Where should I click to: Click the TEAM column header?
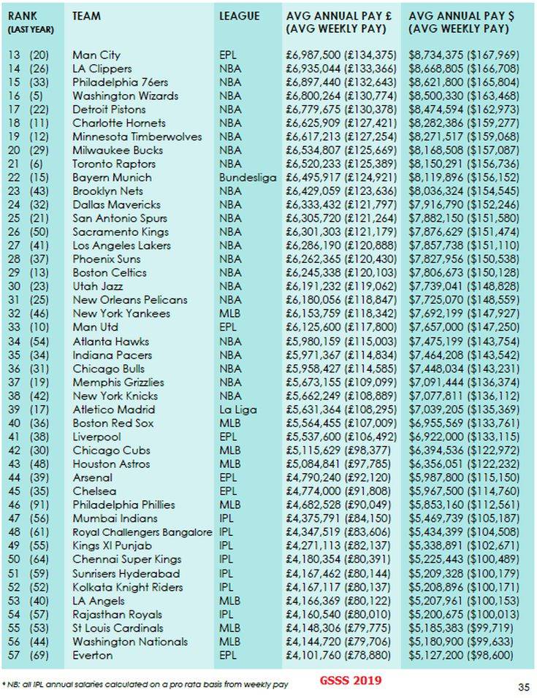(x=87, y=16)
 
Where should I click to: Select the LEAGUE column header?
(x=239, y=16)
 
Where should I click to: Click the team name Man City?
(x=96, y=55)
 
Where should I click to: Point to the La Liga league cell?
(x=237, y=409)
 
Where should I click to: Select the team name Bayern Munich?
(x=112, y=177)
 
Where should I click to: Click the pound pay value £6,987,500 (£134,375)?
(x=340, y=55)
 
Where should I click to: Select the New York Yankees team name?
(x=121, y=314)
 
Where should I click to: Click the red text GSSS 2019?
(x=350, y=681)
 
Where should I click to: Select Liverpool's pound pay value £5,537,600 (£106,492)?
(x=340, y=437)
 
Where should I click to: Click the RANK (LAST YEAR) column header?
(x=26, y=22)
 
